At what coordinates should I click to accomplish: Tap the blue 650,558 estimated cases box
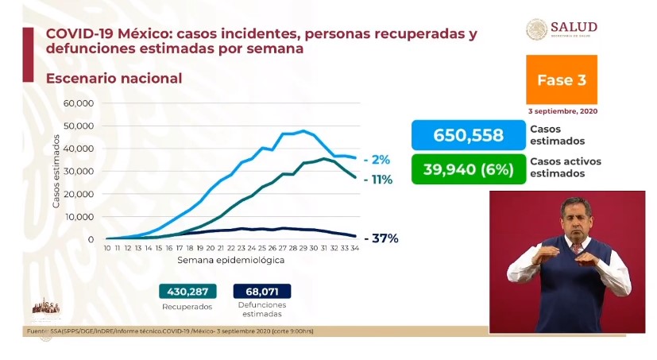(x=468, y=135)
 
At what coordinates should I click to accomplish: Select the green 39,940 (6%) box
(x=468, y=168)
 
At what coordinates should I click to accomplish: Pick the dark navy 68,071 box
(x=262, y=291)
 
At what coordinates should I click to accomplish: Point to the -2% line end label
(x=377, y=159)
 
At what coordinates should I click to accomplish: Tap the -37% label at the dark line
(x=381, y=238)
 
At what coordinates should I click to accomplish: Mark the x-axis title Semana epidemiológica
(x=230, y=260)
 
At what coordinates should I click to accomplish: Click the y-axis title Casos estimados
(x=57, y=172)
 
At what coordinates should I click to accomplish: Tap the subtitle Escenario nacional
(x=114, y=79)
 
